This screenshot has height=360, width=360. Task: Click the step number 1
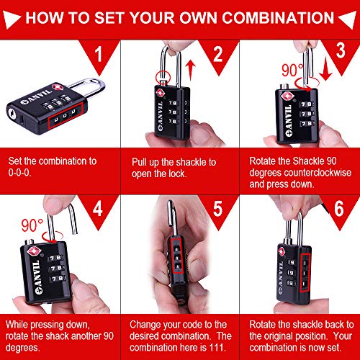click(99, 54)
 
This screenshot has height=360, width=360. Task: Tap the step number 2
click(217, 54)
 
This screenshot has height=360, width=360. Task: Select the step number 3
click(341, 50)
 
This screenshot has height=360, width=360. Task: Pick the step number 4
click(97, 208)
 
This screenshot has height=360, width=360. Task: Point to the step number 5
click(217, 209)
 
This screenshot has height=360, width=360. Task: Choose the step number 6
click(339, 209)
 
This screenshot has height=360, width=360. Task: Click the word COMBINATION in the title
click(278, 17)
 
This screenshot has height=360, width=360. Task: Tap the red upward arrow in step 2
click(191, 70)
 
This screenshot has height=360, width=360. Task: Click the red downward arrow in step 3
click(325, 70)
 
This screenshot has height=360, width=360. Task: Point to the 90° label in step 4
click(32, 225)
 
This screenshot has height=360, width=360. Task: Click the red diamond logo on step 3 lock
click(287, 96)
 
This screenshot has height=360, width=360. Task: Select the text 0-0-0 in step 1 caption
click(19, 173)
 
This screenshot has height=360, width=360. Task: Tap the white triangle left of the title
click(11, 19)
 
